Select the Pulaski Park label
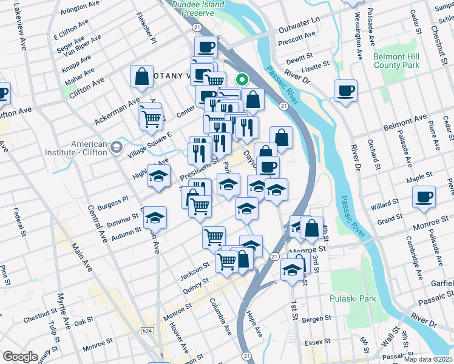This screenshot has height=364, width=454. pyautogui.click(x=353, y=298)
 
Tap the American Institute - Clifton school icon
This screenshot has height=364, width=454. pyautogui.click(x=115, y=147)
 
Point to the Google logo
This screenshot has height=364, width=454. pyautogui.click(x=20, y=357)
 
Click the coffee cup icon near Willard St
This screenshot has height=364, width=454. pyautogui.click(x=424, y=197)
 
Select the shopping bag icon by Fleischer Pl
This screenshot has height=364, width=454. pyautogui.click(x=141, y=76)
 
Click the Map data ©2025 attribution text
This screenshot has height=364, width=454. pyautogui.click(x=429, y=359)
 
